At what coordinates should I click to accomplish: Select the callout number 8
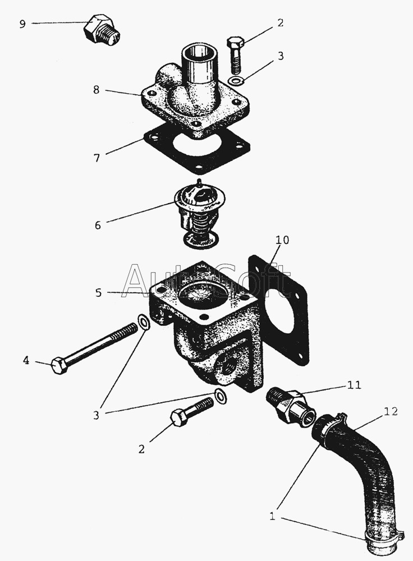coord(97,90)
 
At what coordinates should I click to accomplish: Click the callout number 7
coord(97,158)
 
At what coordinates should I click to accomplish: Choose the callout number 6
coord(98,225)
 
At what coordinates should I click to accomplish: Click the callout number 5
coord(99,293)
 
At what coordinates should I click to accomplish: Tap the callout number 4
coord(26,361)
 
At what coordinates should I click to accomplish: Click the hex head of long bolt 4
coord(59,366)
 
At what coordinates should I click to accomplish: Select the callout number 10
coord(282,240)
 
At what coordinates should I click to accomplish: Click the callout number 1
coord(273,517)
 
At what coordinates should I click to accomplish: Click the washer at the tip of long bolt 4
coord(144,323)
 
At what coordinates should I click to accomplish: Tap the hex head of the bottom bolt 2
coord(179,417)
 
